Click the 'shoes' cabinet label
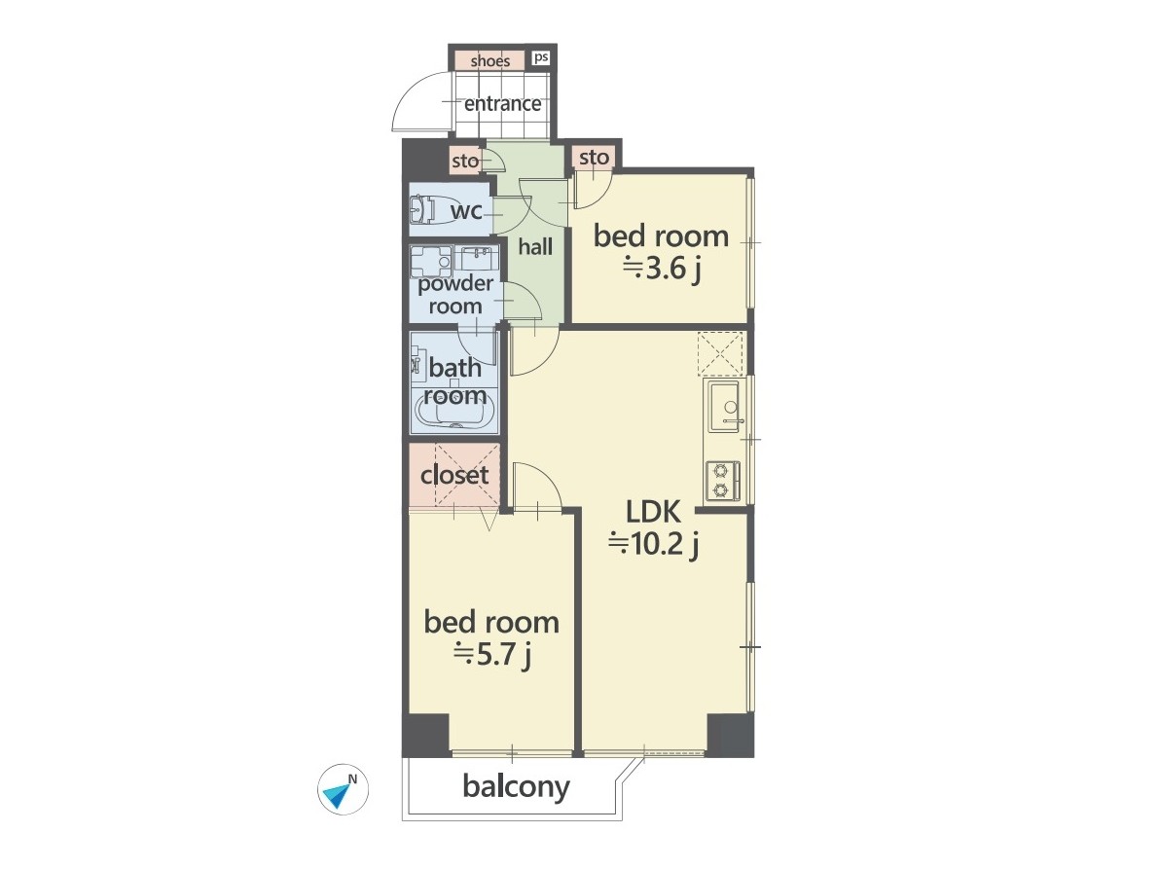tap(490, 60)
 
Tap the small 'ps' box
tap(541, 56)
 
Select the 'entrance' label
tap(503, 103)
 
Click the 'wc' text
tap(466, 211)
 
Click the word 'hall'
tap(535, 246)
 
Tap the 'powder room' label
tap(455, 294)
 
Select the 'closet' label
tap(454, 475)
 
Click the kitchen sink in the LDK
tap(726, 406)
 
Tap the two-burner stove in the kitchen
tap(722, 481)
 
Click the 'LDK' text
tap(653, 511)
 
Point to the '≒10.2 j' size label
tap(653, 545)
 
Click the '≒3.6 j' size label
tap(662, 269)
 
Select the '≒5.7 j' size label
tap(491, 655)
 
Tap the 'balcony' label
tap(516, 786)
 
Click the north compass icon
tap(343, 789)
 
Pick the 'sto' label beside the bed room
tap(595, 158)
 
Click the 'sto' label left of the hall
tap(465, 162)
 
